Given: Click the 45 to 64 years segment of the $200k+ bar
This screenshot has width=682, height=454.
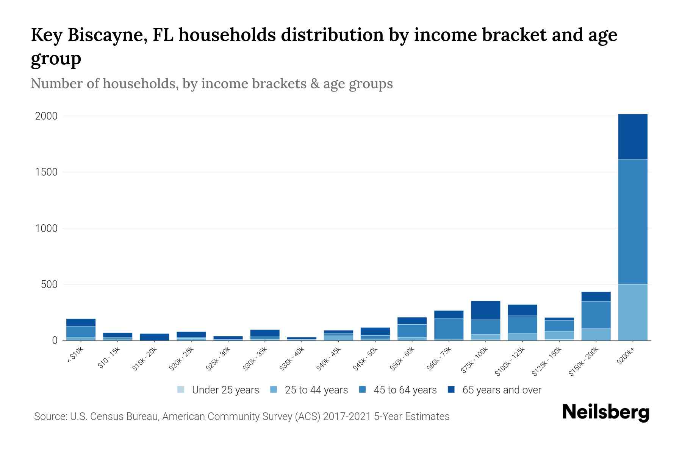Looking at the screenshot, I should pos(632,221).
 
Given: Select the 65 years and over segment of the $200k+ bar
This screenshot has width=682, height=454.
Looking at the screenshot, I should pos(632,137).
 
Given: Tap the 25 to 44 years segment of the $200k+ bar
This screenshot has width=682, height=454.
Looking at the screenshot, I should pos(632,312).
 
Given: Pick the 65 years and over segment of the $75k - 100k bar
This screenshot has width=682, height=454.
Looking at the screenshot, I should pos(485,310).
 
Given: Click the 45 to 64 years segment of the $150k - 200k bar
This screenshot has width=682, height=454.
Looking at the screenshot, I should pos(596,315).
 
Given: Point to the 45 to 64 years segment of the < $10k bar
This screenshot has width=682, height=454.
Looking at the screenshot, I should pos(81,332).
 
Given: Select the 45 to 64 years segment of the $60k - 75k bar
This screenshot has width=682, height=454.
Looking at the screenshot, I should pos(449,329).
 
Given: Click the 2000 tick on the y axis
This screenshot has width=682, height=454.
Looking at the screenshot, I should pos(46,116).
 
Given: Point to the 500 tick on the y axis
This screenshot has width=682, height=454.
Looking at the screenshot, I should pos(49,285).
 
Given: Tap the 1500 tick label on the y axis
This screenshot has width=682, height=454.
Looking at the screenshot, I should pos(46,172).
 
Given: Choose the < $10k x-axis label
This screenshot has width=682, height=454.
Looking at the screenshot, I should pos(75,356).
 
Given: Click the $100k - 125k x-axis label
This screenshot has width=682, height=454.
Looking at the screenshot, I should pos(510,362).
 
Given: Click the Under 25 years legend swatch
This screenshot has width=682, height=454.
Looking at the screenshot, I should pos(181,390).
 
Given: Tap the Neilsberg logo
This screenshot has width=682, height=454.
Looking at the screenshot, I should pos(605,412).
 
